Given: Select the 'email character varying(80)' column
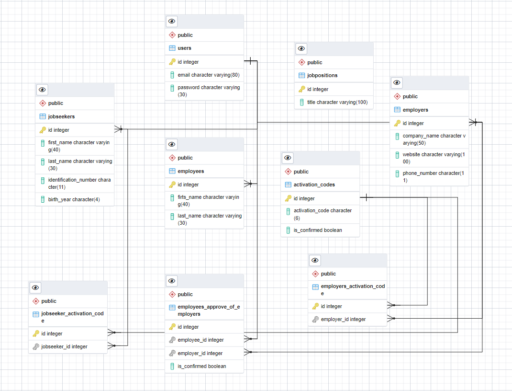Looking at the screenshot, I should pyautogui.click(x=208, y=75).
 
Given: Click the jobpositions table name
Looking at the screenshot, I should pyautogui.click(x=322, y=75).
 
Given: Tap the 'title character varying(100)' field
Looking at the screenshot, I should pyautogui.click(x=337, y=102).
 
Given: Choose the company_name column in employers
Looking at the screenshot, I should pyautogui.click(x=433, y=139).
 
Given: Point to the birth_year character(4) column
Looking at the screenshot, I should pyautogui.click(x=74, y=199).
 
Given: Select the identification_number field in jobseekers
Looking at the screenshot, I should pyautogui.click(x=79, y=183).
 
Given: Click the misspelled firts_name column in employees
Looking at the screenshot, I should pyautogui.click(x=208, y=200).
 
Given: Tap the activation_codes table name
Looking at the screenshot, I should pyautogui.click(x=314, y=184).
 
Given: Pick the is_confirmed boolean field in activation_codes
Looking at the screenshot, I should pyautogui.click(x=318, y=230).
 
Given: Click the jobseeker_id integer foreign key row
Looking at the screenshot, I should pyautogui.click(x=64, y=346).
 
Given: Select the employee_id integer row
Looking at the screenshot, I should pyautogui.click(x=200, y=340).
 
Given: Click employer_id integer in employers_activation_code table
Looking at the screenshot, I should pyautogui.click(x=343, y=319).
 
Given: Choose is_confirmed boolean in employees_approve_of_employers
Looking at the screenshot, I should pyautogui.click(x=201, y=366).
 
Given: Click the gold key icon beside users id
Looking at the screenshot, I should pyautogui.click(x=172, y=62).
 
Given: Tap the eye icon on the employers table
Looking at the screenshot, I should pyautogui.click(x=397, y=83).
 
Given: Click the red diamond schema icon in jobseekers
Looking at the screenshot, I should pyautogui.click(x=42, y=103).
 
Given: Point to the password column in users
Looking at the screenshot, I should pyautogui.click(x=208, y=91).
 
